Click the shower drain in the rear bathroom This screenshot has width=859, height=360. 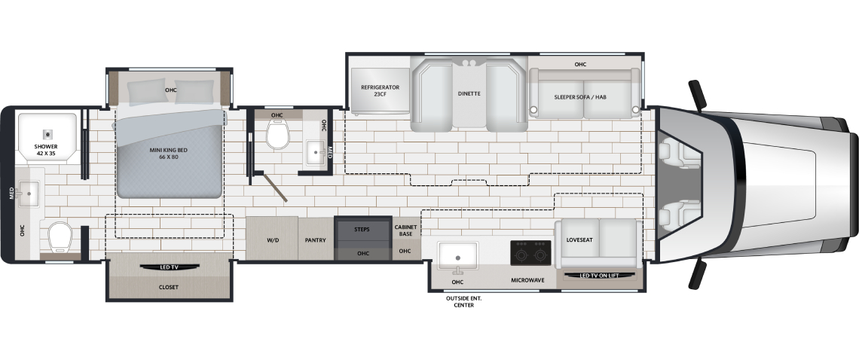(48, 134)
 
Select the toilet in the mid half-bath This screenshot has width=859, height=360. (277, 134)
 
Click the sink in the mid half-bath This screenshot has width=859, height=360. (316, 152)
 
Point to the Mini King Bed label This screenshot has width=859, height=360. (164, 154)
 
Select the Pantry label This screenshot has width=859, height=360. (316, 240)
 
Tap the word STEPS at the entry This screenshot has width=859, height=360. (362, 230)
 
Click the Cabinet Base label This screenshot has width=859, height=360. (406, 230)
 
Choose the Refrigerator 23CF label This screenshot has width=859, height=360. (381, 90)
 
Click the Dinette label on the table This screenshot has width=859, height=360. (469, 93)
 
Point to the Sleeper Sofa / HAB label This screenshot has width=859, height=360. (580, 97)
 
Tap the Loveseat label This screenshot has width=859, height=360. (579, 240)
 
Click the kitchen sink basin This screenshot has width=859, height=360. (458, 256)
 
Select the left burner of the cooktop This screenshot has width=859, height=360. (522, 254)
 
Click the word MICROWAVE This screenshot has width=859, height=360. (527, 281)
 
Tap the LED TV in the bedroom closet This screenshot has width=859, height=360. (169, 267)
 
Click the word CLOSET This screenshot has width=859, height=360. (169, 287)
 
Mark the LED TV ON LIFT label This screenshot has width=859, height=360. (599, 276)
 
